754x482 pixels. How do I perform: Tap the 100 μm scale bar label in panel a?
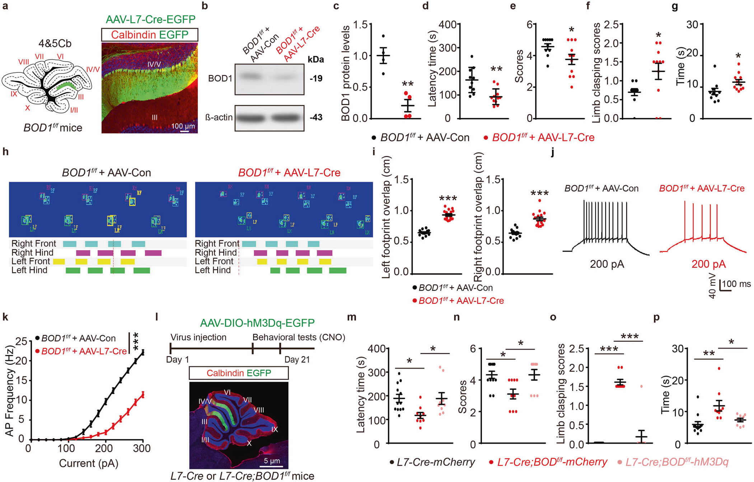[x=183, y=126]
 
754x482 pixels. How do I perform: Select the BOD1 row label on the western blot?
[x=220, y=78]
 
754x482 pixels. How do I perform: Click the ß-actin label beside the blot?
[x=219, y=117]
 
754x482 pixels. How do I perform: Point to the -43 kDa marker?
[x=316, y=117]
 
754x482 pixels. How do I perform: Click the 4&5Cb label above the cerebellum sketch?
[x=55, y=43]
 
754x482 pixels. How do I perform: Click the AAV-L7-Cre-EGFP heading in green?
[x=150, y=19]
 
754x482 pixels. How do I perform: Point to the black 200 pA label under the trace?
[x=607, y=264]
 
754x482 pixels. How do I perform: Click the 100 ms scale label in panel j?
[x=736, y=284]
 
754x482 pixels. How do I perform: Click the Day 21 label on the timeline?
[x=297, y=360]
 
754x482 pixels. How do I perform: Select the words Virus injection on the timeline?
[x=198, y=337]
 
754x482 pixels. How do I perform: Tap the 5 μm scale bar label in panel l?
[x=272, y=461]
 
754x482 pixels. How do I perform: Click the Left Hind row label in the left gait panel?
[x=29, y=270]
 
